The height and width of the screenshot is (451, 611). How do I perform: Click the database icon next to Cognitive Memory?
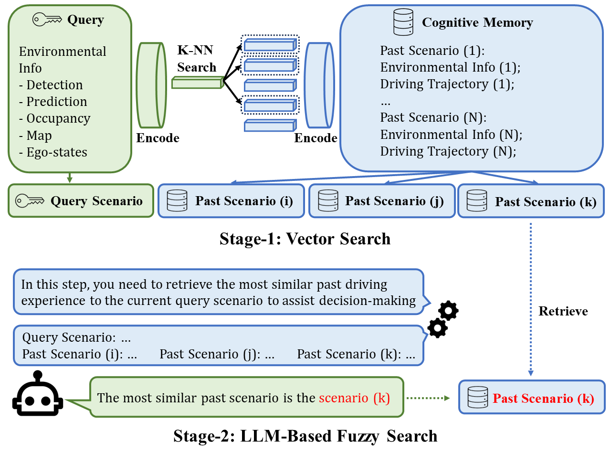[x=402, y=22]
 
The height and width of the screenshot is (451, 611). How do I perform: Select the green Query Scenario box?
[x=81, y=201]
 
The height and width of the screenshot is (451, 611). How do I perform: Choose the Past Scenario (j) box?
[x=382, y=201]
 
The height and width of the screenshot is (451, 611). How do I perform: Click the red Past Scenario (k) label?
[x=543, y=399]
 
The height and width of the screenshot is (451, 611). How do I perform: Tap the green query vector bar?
[x=197, y=83]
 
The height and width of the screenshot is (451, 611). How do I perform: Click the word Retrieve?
[x=563, y=312]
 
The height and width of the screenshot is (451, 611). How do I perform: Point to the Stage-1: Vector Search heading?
[x=305, y=239]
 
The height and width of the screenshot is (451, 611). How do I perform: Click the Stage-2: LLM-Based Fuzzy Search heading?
[x=305, y=436]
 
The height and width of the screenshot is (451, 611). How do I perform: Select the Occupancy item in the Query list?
[x=54, y=119]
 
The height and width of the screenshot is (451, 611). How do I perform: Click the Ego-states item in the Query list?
[x=53, y=152]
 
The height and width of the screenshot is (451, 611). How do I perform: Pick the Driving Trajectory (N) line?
[x=448, y=152]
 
